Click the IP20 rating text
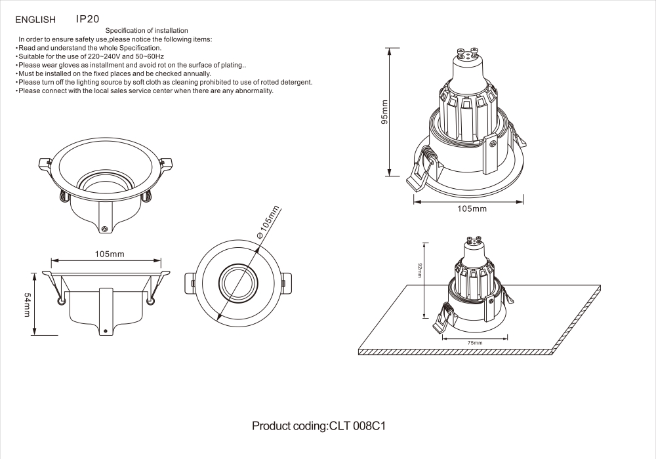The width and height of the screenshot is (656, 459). (x=87, y=20)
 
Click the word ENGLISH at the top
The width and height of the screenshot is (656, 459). (x=35, y=21)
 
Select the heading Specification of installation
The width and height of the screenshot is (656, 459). (x=147, y=31)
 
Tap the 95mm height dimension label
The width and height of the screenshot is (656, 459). (x=385, y=112)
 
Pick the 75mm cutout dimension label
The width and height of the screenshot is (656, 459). (x=474, y=343)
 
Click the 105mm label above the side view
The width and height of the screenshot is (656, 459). (x=110, y=254)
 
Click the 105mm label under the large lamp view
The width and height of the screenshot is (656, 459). (x=472, y=209)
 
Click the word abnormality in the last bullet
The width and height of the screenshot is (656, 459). (x=252, y=91)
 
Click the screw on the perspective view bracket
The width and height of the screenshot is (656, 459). (x=105, y=228)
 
